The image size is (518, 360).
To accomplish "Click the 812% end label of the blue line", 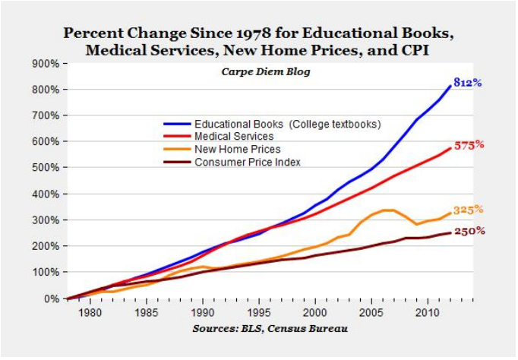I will (x=468, y=82).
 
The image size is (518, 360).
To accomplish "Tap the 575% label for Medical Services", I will (x=469, y=144).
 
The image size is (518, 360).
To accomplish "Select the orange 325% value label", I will (x=469, y=210).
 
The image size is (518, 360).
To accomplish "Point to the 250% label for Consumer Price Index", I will (x=469, y=230).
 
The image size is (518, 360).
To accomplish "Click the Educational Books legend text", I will (x=287, y=124).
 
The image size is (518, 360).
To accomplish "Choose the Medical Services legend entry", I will (x=234, y=137).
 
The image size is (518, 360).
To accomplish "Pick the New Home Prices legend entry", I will (x=237, y=150).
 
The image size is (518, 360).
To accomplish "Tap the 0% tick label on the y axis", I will (x=50, y=298).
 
